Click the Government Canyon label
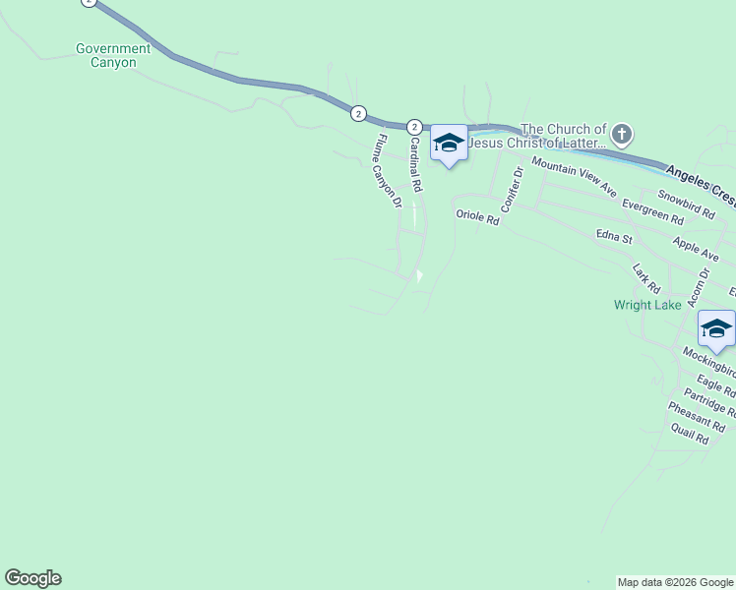pyautogui.click(x=113, y=55)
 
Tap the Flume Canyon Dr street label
pyautogui.click(x=387, y=171)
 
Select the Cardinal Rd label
pyautogui.click(x=415, y=163)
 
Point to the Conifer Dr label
pyautogui.click(x=510, y=189)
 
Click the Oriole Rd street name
pyautogui.click(x=477, y=217)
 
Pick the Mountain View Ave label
pyautogui.click(x=574, y=174)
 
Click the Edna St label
pyautogui.click(x=613, y=237)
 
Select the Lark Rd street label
pyautogui.click(x=646, y=277)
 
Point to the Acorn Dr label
pyautogui.click(x=703, y=289)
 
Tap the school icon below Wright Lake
pyautogui.click(x=716, y=329)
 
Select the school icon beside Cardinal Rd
pyautogui.click(x=449, y=144)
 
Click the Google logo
pyautogui.click(x=32, y=578)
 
